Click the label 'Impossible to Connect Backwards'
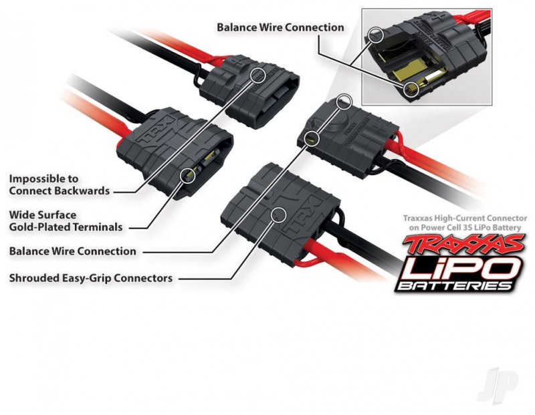(x=59, y=185)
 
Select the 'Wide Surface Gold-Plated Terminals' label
(x=66, y=221)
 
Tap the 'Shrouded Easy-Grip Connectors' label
(x=91, y=277)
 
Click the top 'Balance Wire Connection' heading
(x=280, y=27)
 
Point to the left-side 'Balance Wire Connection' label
(x=72, y=251)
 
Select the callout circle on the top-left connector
(x=256, y=74)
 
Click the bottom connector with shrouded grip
(x=281, y=207)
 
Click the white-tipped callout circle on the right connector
(x=344, y=102)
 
